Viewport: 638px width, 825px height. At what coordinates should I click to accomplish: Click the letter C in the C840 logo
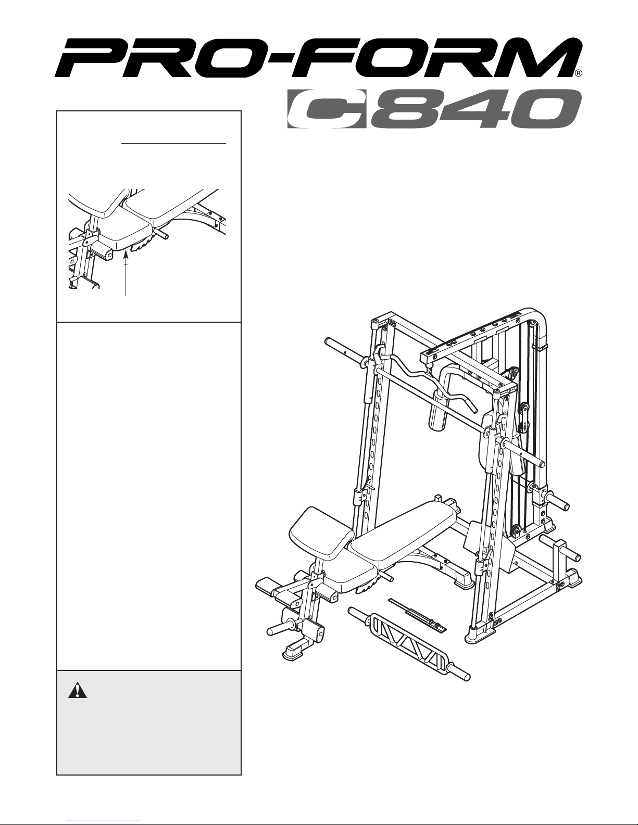click(327, 109)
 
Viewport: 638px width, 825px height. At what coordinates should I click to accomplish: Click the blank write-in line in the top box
click(173, 144)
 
